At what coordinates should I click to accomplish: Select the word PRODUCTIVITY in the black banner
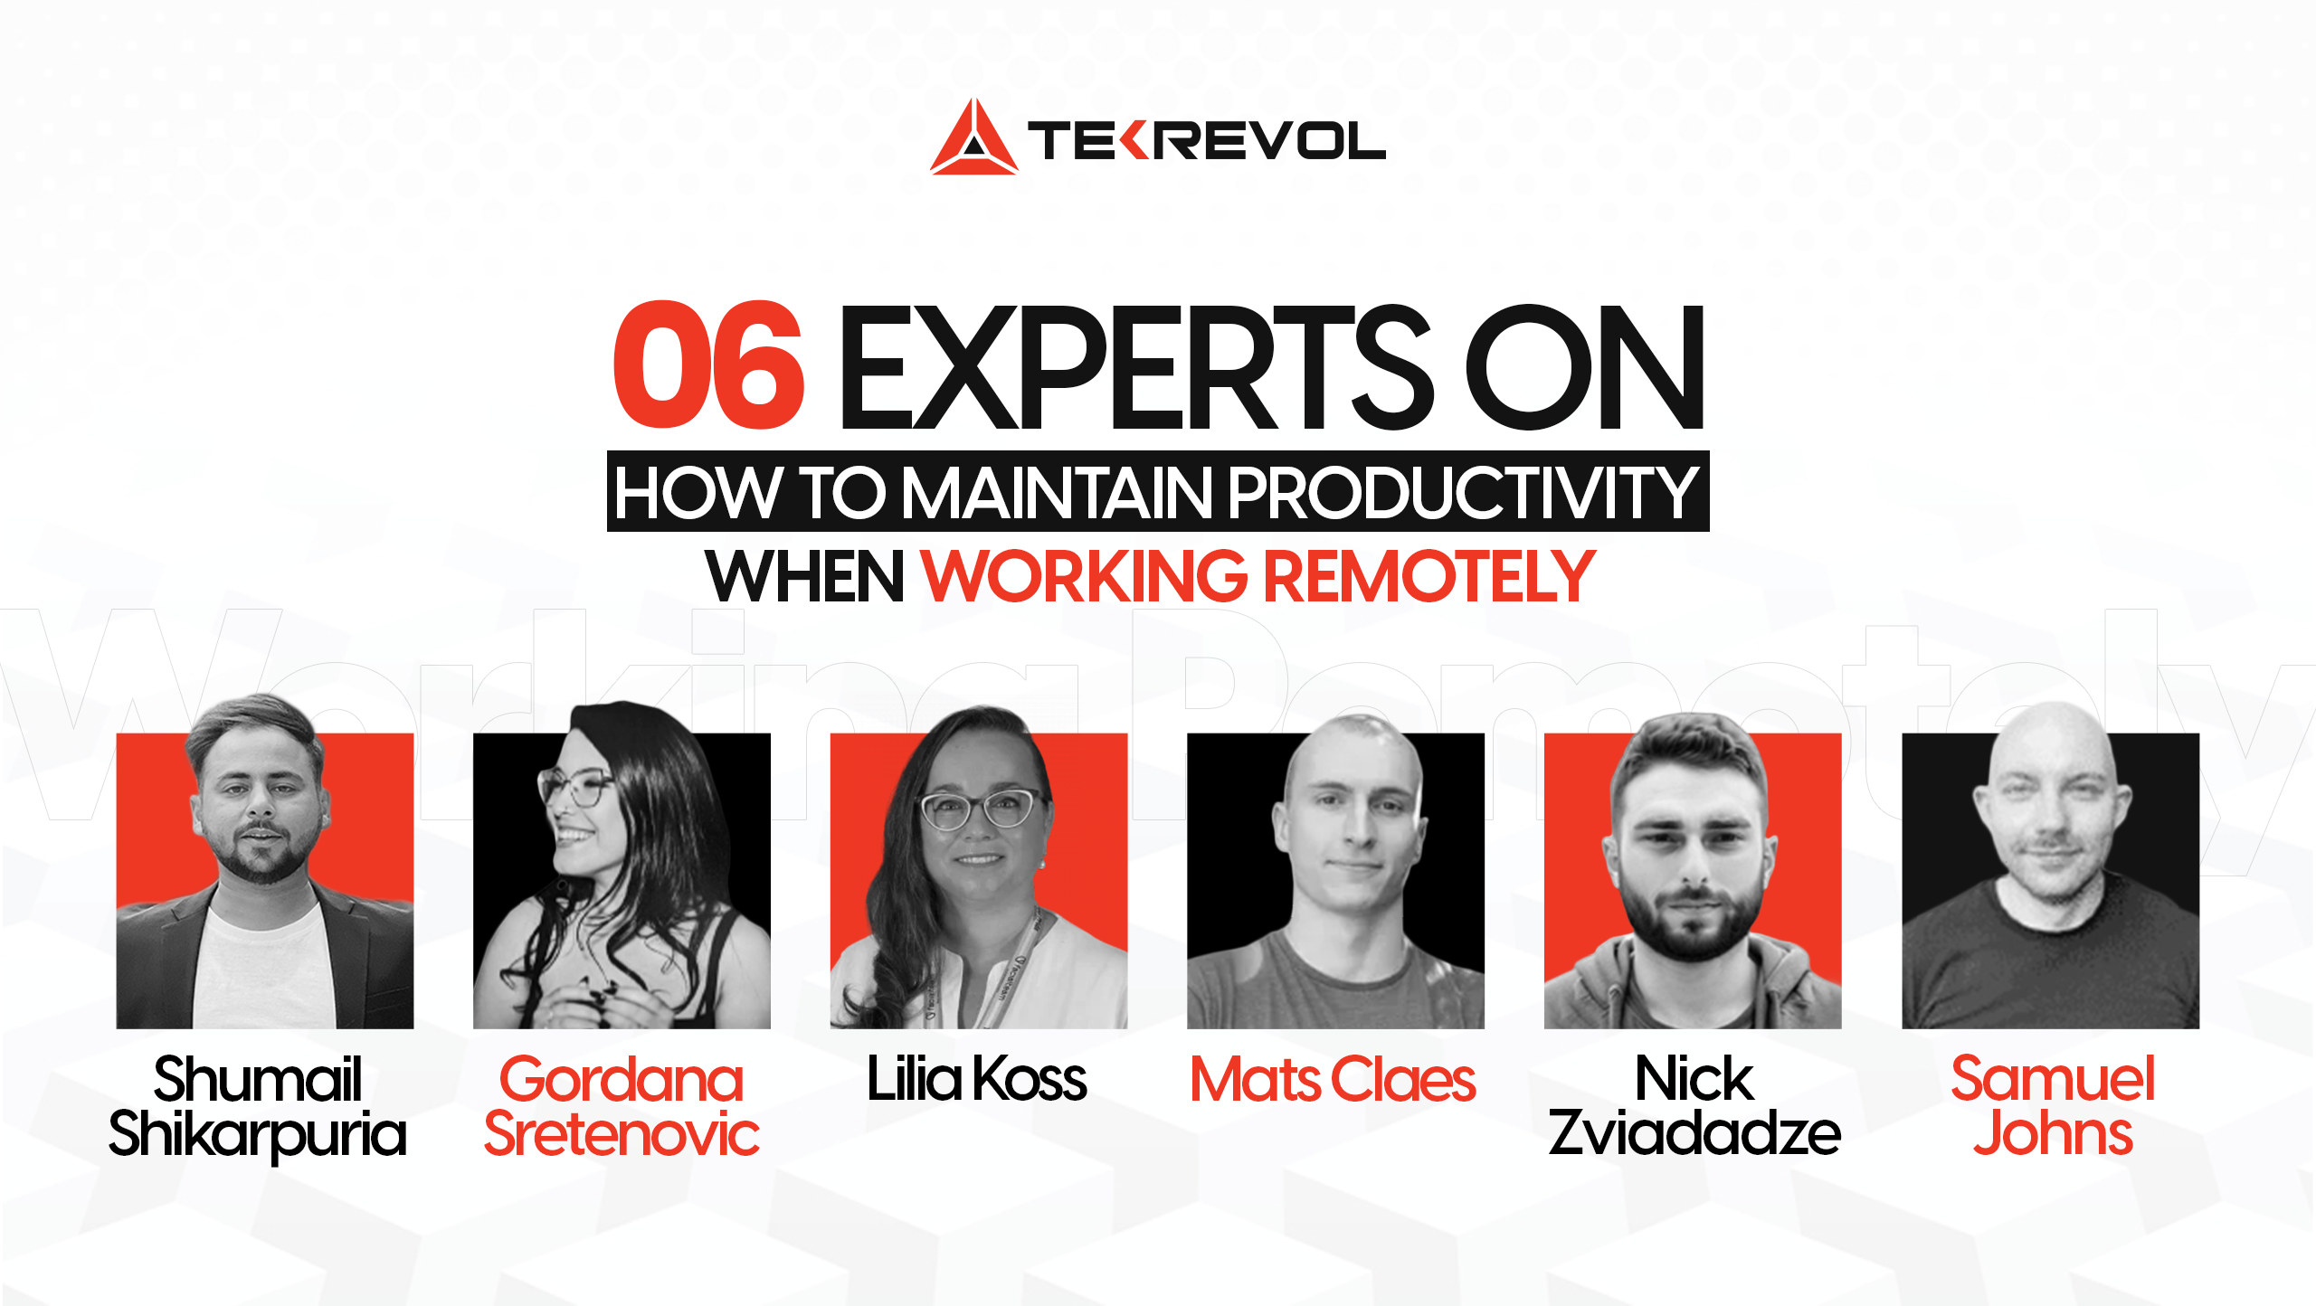1461,493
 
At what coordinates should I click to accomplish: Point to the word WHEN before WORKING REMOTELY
804,576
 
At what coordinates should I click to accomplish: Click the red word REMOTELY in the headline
1429,576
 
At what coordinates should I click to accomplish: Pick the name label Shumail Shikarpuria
258,1106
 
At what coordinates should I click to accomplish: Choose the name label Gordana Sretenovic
622,1106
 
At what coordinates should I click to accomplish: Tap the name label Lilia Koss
977,1079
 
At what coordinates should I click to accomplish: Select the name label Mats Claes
1333,1079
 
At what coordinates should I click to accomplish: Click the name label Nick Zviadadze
1694,1106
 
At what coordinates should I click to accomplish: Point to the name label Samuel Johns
2053,1106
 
